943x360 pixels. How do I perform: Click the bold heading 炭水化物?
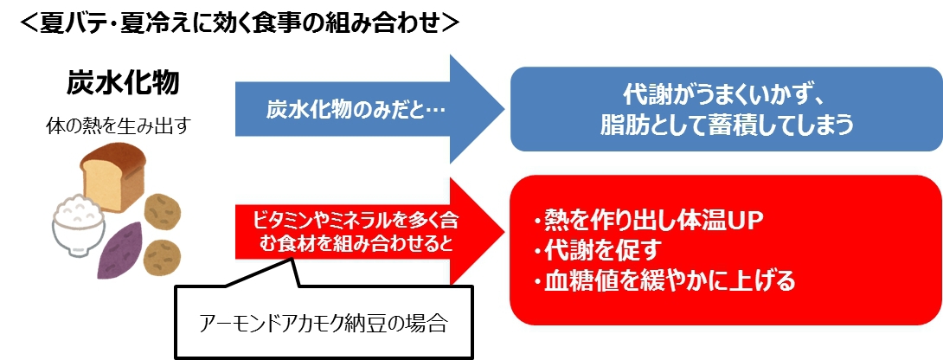click(124, 84)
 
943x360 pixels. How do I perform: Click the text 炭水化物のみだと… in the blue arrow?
click(343, 109)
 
